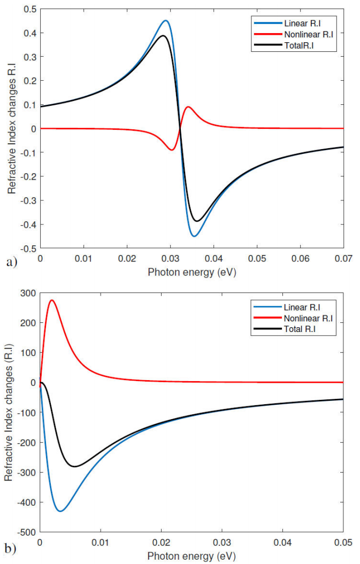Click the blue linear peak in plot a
coord(166,21)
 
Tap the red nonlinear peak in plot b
coord(52,300)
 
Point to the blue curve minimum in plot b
coord(60,511)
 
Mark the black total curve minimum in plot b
coord(75,466)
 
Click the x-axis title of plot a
coord(191,272)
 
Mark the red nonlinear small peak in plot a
coord(188,107)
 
